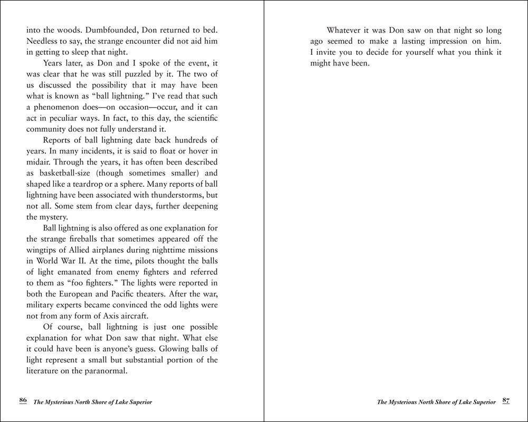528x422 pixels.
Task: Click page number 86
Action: point(23,400)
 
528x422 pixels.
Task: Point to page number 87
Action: point(506,400)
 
